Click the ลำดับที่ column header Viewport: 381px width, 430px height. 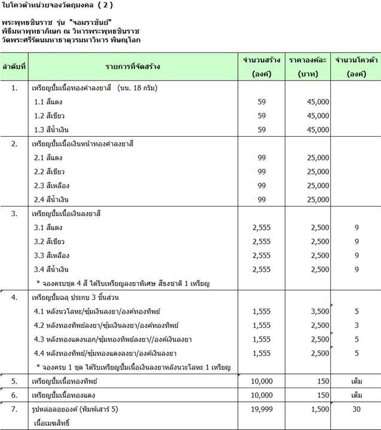[x=14, y=66]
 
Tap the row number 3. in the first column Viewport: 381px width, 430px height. [x=14, y=213]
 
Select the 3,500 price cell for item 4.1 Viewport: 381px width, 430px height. [x=316, y=312]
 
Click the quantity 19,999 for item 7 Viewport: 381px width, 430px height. [x=261, y=410]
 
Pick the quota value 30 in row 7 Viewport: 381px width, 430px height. [x=356, y=410]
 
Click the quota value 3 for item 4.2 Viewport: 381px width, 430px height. [x=356, y=325]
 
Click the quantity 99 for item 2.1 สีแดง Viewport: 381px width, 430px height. [x=261, y=158]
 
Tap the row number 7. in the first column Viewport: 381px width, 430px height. [x=14, y=410]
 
